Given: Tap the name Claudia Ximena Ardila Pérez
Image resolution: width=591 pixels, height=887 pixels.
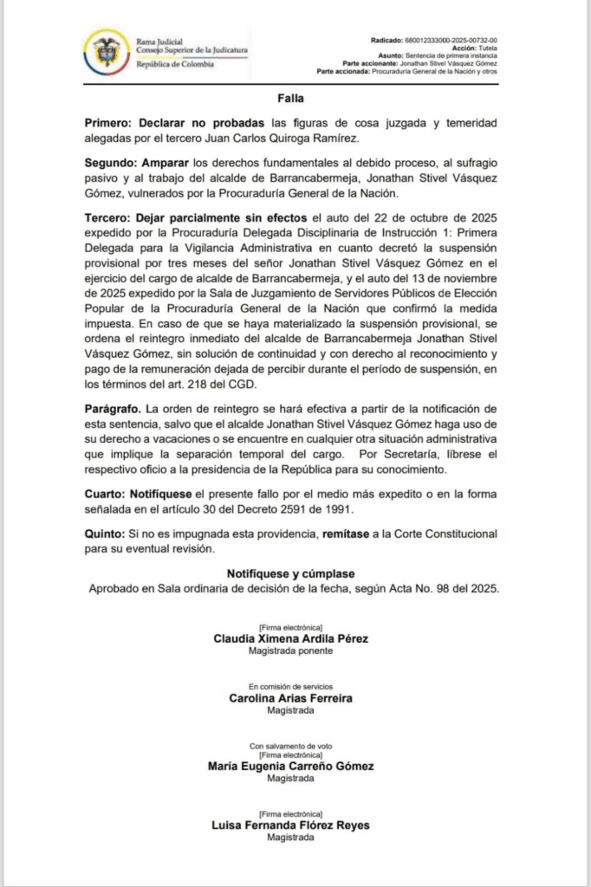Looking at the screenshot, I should pos(290,638).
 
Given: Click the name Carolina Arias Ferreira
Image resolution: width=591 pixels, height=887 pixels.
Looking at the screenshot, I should pos(290,697).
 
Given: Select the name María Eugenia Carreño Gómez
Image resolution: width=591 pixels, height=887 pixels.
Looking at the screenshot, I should pos(290,766).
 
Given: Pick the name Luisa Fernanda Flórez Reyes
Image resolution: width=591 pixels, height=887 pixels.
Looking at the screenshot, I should pos(290,825).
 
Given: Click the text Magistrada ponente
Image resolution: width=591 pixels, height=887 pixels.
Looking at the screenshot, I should pos(290,650).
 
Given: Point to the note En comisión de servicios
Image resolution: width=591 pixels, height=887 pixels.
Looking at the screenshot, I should pos(290,685).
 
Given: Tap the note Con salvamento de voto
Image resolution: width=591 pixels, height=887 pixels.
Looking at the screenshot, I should pos(290,745).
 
